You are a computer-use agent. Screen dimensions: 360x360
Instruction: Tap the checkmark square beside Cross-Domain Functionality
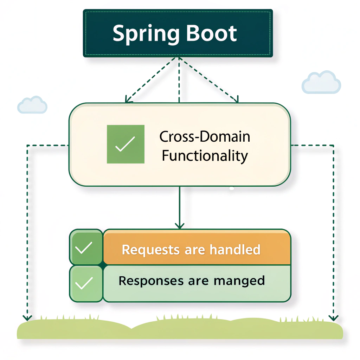126,144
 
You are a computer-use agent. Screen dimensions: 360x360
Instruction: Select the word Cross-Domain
205,136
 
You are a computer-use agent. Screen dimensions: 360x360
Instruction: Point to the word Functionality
205,155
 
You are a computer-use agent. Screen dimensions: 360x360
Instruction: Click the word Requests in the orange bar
150,250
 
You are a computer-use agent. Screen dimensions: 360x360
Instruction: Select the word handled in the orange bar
235,250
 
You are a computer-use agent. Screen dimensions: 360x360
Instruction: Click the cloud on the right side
321,83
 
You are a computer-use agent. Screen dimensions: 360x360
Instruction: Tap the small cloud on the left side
32,105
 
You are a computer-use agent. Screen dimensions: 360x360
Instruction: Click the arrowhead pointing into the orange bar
180,225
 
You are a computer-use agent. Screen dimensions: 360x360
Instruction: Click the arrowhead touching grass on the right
333,317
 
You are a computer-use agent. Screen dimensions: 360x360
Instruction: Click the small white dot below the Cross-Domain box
232,188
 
